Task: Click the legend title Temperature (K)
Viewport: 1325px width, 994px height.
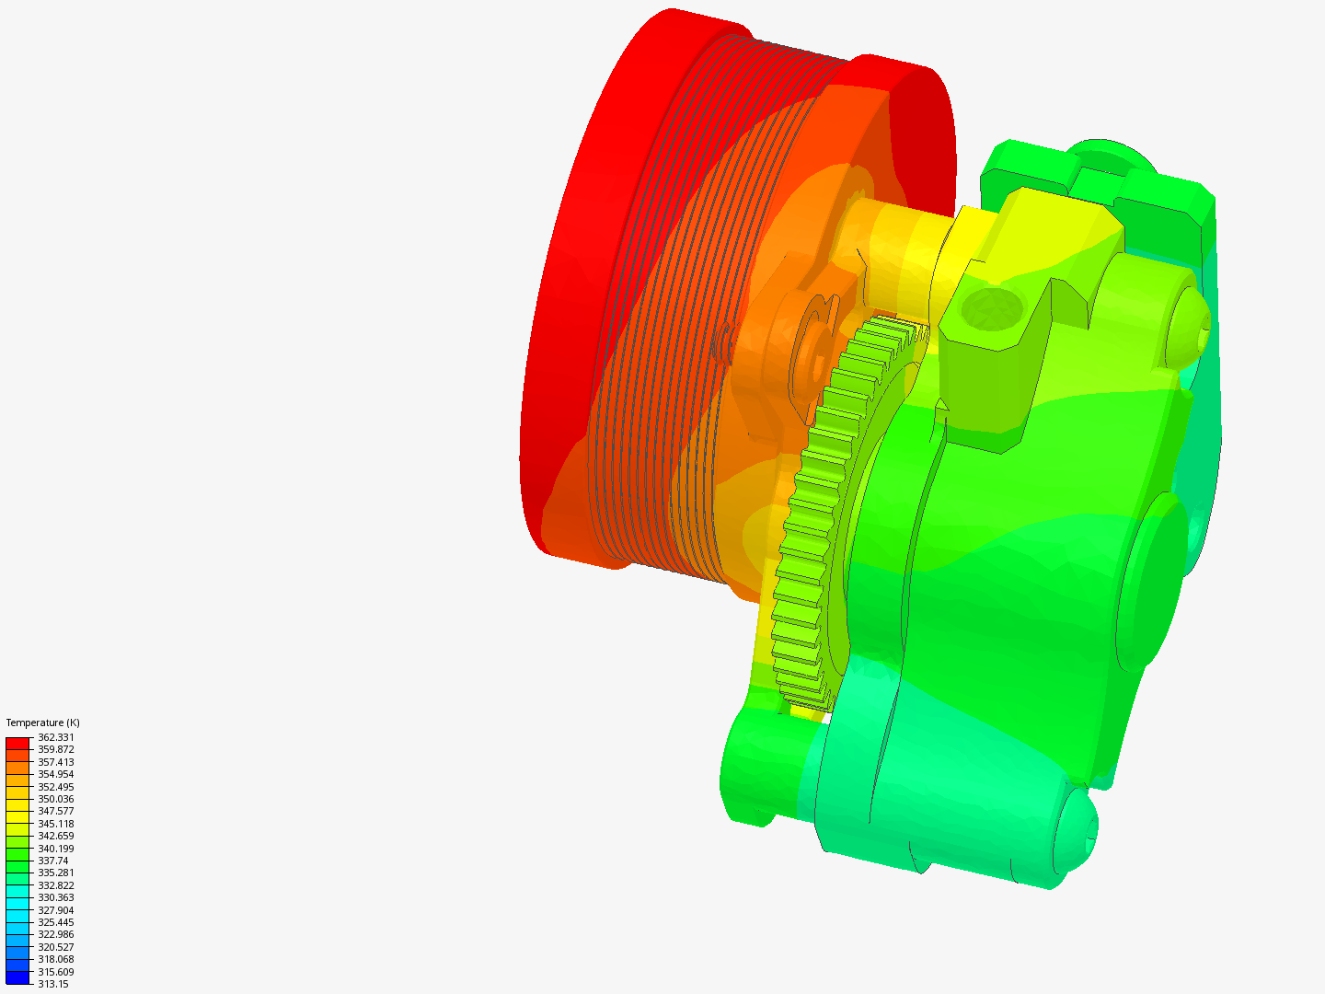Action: pos(42,722)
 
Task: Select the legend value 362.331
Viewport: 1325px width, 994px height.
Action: pos(55,737)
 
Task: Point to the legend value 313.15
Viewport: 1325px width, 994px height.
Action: pos(52,984)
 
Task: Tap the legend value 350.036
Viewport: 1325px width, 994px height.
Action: pos(55,799)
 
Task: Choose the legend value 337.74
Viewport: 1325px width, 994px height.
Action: pos(52,861)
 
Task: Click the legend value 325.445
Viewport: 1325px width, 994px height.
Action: pos(55,922)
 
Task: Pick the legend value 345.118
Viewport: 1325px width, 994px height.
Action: pos(55,824)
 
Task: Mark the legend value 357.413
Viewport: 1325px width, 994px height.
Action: pos(55,762)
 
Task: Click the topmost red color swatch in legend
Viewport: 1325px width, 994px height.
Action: pos(17,743)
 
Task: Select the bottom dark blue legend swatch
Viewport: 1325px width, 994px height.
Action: pos(17,977)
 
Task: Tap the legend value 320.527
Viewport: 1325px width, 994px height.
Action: pos(55,947)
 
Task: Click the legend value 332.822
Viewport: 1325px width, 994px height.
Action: pos(55,885)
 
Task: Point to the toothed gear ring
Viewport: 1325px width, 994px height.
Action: pos(810,515)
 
